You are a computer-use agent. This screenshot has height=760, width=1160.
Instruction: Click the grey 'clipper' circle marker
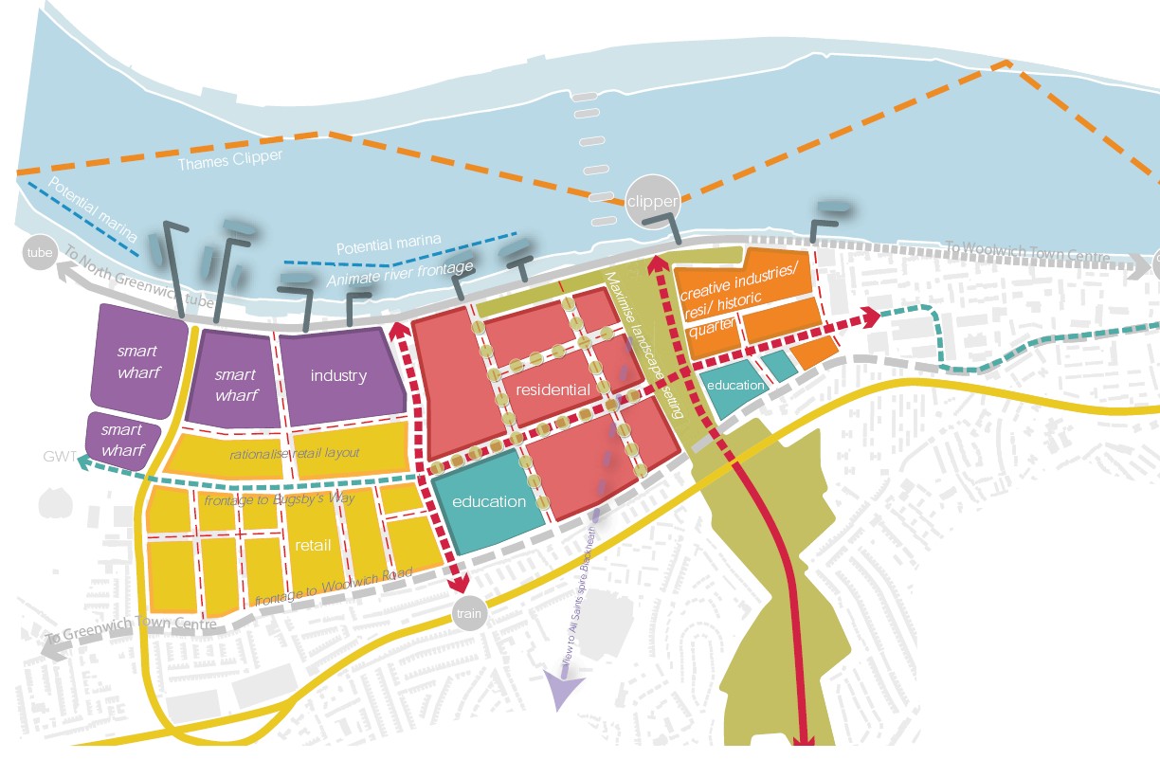tap(652, 202)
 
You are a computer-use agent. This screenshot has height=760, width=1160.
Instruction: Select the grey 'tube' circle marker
tap(39, 253)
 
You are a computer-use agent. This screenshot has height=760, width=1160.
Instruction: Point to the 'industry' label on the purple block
tap(338, 376)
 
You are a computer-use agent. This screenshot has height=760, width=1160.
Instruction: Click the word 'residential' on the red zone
tap(553, 389)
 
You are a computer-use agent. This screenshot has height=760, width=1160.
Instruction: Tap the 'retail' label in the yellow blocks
tap(313, 545)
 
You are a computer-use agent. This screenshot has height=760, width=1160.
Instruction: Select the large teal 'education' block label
tap(489, 501)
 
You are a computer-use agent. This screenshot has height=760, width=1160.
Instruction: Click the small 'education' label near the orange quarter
tap(735, 385)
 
